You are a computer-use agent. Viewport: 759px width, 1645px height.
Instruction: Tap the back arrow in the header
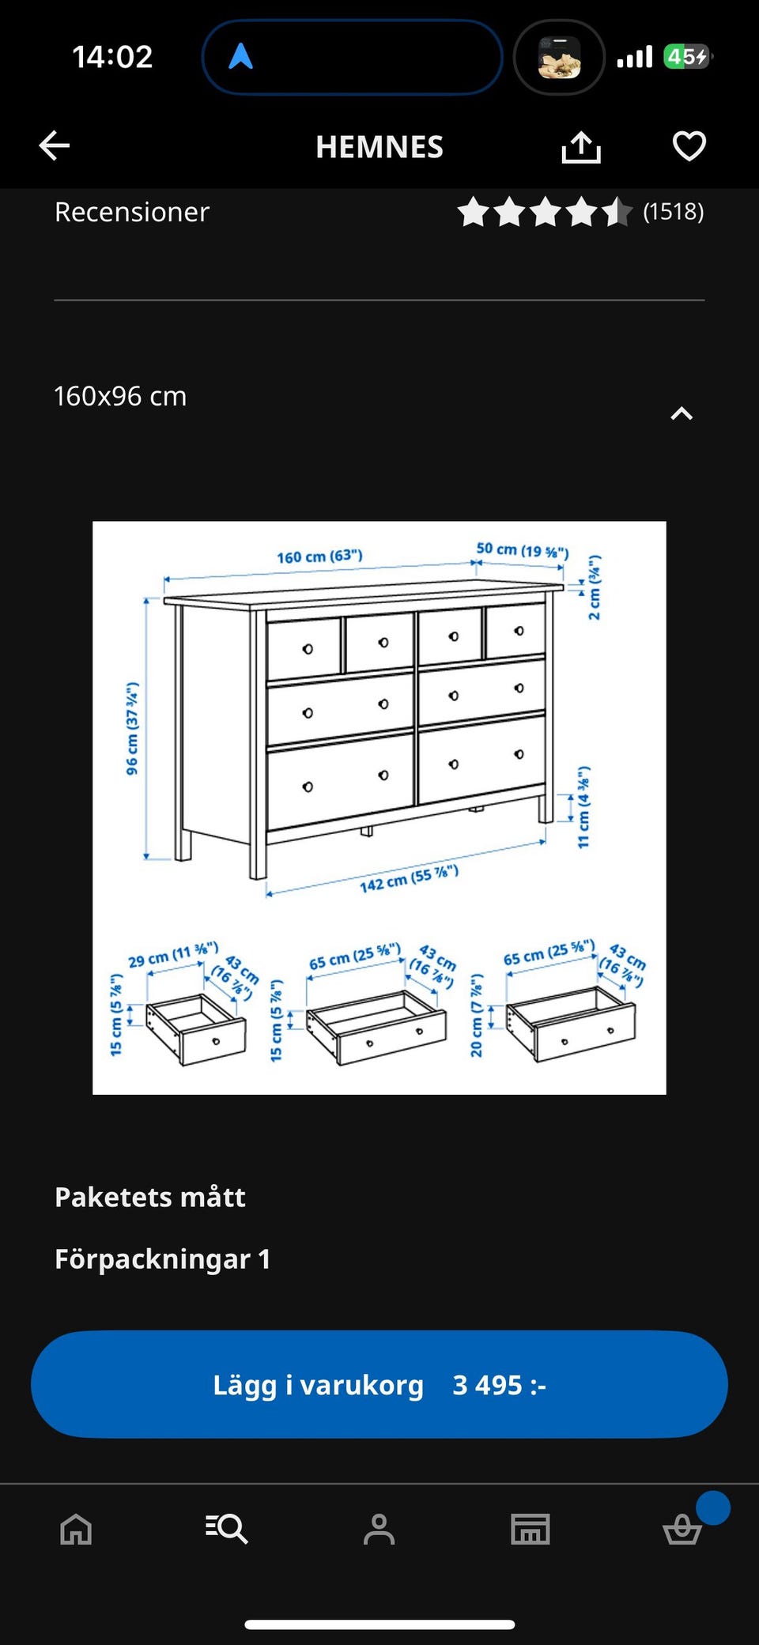[x=55, y=145]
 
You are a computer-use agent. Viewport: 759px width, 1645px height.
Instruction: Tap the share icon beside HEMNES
[x=581, y=146]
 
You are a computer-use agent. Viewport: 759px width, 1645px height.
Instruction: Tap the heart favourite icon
[x=689, y=146]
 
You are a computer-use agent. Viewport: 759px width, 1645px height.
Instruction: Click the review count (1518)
[x=673, y=212]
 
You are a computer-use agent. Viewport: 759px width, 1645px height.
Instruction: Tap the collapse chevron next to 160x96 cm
[x=682, y=413]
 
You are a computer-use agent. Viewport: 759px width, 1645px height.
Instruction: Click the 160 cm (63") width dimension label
[x=319, y=557]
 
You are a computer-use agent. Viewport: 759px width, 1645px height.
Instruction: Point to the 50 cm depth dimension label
[x=522, y=549]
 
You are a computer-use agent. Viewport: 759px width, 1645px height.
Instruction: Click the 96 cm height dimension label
[x=132, y=728]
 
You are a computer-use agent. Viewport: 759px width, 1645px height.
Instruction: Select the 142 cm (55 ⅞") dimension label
[x=409, y=878]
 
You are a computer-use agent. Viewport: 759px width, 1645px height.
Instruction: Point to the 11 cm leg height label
[x=583, y=807]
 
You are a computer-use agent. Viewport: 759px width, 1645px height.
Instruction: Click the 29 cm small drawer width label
[x=173, y=954]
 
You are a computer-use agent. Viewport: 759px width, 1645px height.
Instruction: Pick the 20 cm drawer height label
[x=476, y=1016]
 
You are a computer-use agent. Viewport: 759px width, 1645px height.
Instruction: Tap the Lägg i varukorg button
[x=379, y=1384]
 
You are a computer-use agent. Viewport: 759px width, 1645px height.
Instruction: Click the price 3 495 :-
[x=499, y=1385]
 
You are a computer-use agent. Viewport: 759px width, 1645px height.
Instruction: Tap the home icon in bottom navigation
[x=76, y=1529]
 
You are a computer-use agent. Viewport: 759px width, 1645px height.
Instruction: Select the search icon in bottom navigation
[x=227, y=1529]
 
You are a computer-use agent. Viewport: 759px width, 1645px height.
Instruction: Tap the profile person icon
[x=379, y=1529]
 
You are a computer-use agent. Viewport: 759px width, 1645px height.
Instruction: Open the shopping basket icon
[x=682, y=1529]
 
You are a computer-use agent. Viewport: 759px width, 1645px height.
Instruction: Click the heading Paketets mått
[x=150, y=1197]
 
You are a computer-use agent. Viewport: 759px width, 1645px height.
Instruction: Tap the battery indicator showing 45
[x=688, y=57]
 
